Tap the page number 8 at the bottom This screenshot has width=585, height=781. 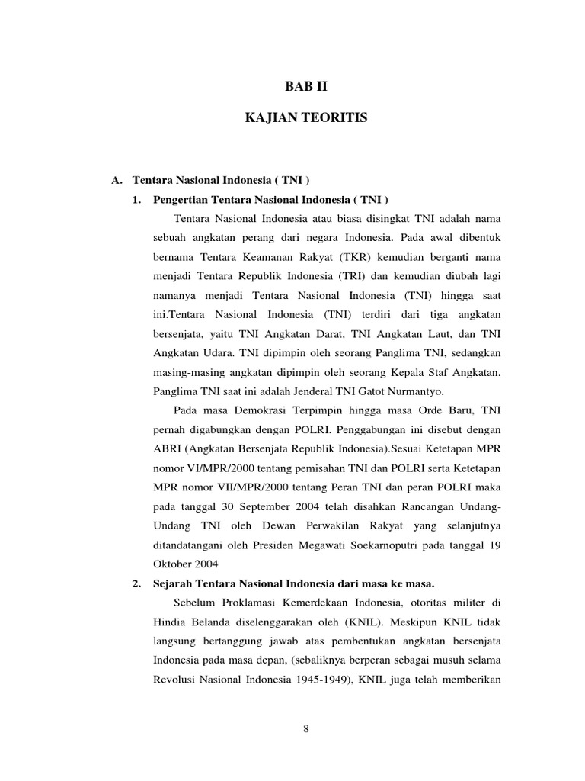point(305,728)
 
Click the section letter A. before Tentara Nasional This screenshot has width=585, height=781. point(117,181)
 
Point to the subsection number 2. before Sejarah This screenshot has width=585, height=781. point(136,583)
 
